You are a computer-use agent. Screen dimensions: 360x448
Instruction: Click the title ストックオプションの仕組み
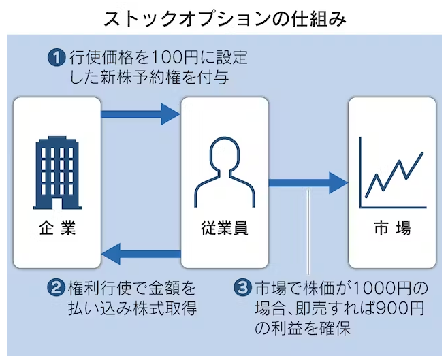tap(224, 17)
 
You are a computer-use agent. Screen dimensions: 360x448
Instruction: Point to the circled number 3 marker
tap(242, 288)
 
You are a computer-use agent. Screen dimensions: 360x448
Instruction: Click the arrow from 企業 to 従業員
tap(140, 112)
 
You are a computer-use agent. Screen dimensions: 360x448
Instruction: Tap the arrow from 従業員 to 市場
tap(308, 182)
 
